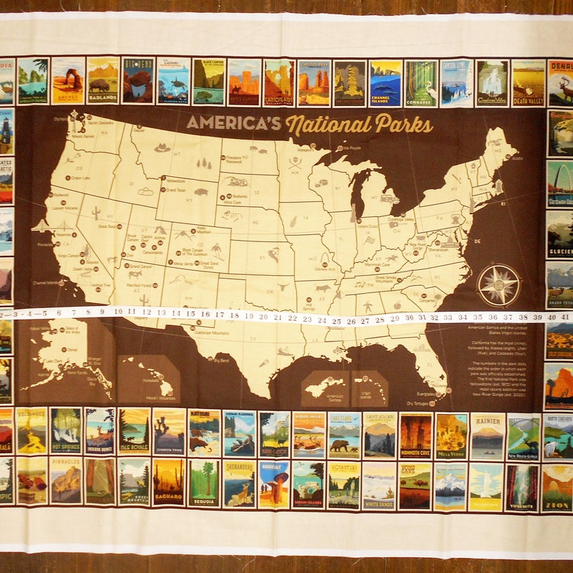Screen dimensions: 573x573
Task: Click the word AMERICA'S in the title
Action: pos(233,122)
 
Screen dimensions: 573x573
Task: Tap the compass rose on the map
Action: pos(499,284)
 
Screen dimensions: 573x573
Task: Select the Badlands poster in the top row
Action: pos(103,80)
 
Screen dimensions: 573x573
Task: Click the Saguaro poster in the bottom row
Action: pos(169,482)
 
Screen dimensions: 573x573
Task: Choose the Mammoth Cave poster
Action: pos(416,435)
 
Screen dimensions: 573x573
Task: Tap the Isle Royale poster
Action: pos(135,432)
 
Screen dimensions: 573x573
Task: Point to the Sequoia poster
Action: pos(204,483)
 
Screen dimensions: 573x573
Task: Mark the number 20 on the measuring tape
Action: pos(263,317)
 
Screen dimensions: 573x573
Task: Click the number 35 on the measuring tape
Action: pos(478,316)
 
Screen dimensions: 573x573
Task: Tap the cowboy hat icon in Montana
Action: pos(163,148)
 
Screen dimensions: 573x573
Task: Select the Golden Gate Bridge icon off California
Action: pos(44,225)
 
